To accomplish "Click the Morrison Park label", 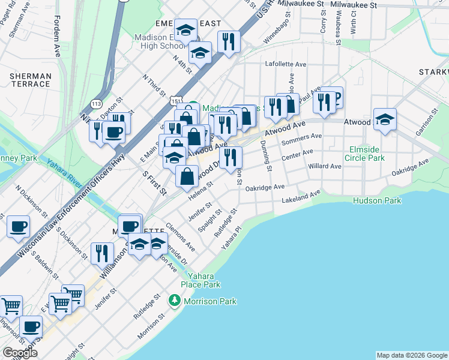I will tap(210, 301).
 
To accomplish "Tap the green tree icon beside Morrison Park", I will tap(175, 299).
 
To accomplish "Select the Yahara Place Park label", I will tap(201, 281).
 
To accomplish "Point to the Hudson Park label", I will tap(377, 201).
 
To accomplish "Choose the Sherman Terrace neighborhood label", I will tap(30, 80).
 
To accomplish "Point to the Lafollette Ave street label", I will tap(286, 64).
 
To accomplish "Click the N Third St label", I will tap(154, 86).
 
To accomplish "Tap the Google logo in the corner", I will tap(20, 352).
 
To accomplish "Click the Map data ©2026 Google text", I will tap(411, 355).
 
